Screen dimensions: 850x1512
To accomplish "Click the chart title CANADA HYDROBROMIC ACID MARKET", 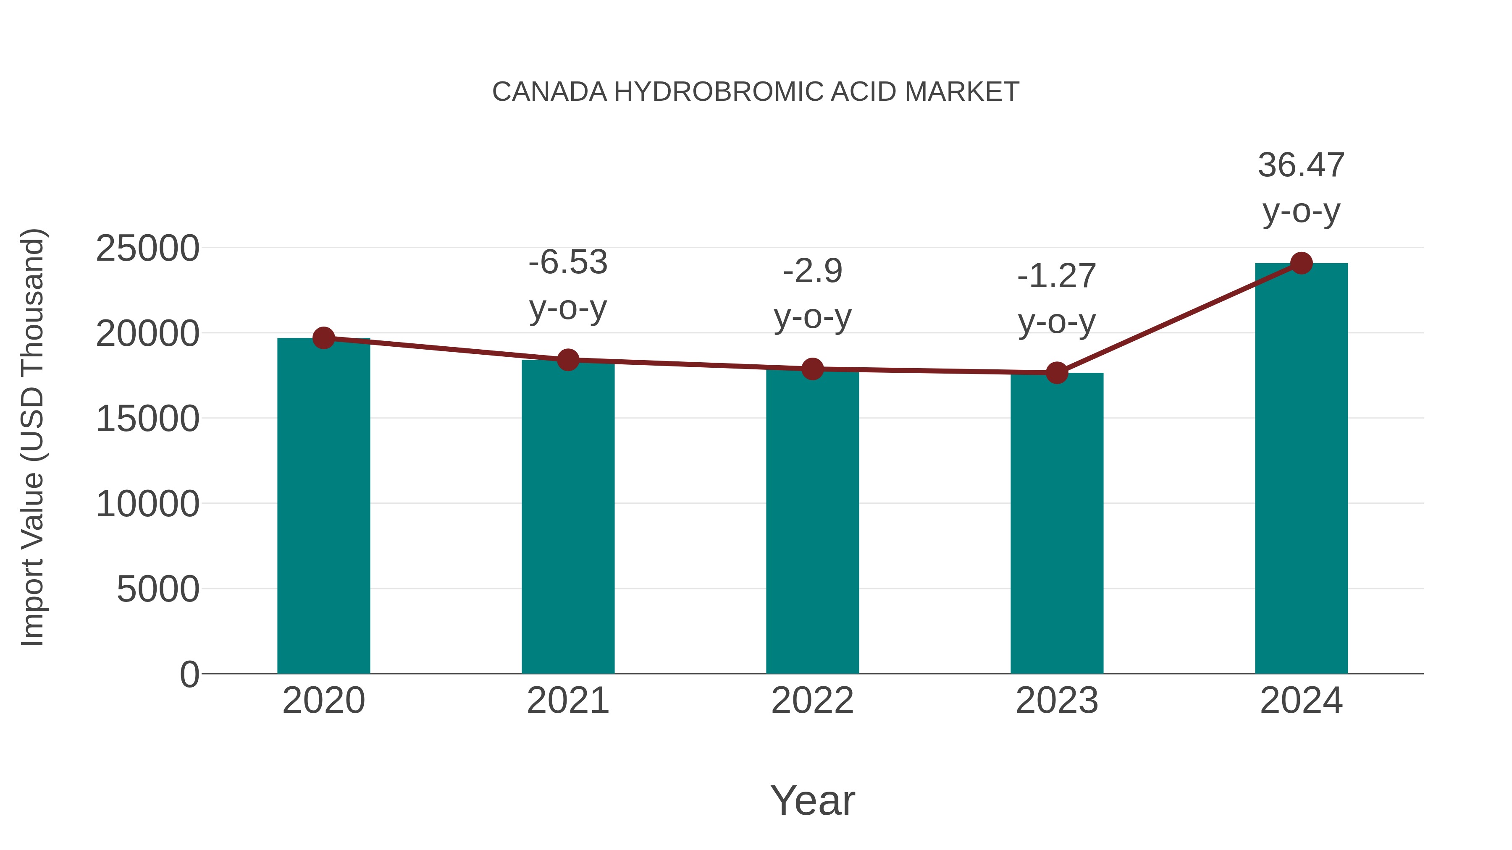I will [x=756, y=92].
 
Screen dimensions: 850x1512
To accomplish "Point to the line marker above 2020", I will [x=323, y=338].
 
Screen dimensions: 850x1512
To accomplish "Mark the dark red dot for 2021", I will [x=567, y=360].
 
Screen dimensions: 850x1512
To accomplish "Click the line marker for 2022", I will [x=812, y=369].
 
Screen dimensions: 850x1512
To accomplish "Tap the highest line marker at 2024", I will [x=1301, y=263].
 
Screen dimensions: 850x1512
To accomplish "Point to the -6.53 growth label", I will [x=567, y=262].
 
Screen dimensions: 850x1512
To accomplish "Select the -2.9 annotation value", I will [x=812, y=272].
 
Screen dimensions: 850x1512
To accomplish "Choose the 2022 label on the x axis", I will [x=812, y=701].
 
